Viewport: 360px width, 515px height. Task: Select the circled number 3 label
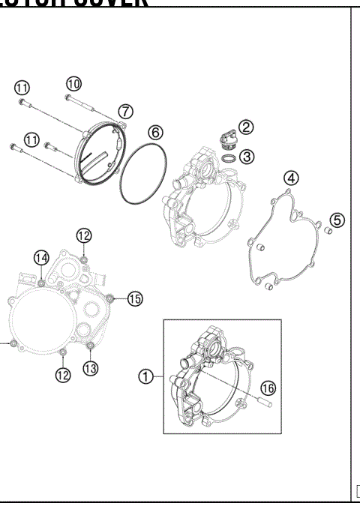(247, 157)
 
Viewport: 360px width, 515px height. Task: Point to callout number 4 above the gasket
(290, 178)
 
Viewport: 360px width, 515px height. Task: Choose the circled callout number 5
(337, 220)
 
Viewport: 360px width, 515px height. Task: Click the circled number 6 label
(155, 132)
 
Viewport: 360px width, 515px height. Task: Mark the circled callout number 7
(125, 111)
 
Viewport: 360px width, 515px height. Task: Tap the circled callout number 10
(73, 83)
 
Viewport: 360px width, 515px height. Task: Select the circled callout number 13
(90, 368)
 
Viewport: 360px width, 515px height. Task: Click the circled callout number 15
(134, 299)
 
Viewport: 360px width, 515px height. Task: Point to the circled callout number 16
(268, 387)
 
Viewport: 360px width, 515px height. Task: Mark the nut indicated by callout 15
(112, 298)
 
